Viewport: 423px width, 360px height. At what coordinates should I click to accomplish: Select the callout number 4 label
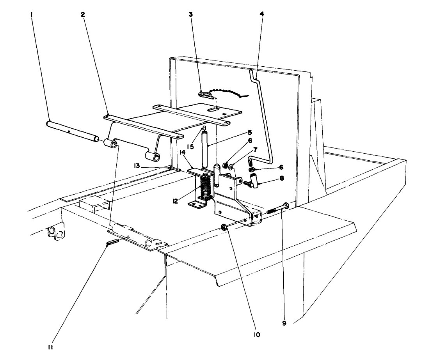tap(262, 14)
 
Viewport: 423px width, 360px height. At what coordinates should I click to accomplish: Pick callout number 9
tap(284, 323)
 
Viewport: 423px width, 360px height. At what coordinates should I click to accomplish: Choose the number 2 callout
tap(82, 14)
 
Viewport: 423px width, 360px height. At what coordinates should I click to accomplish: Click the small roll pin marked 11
tap(112, 243)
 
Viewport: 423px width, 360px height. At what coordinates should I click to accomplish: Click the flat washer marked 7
tap(231, 167)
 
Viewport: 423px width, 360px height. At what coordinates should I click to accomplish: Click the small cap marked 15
tap(203, 129)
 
